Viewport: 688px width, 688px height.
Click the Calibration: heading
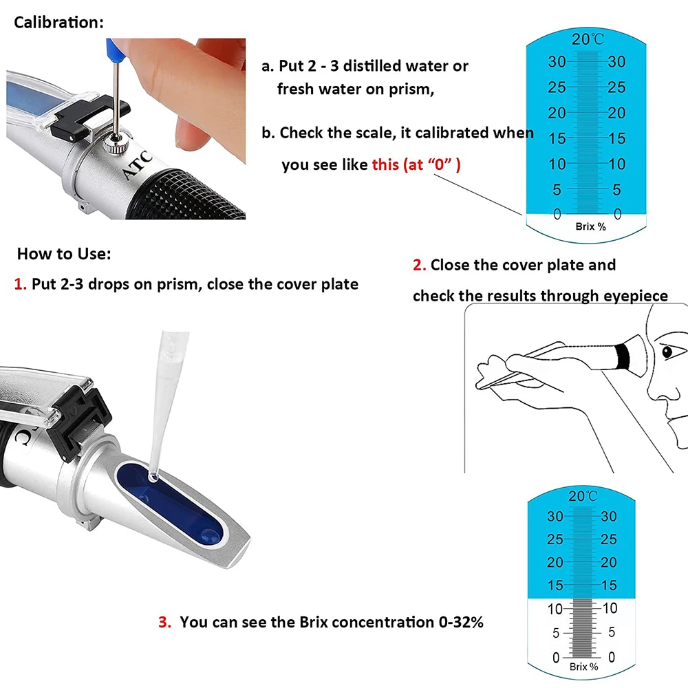pos(58,23)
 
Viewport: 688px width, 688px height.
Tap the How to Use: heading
pos(64,254)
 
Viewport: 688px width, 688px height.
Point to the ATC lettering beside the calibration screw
pos(138,165)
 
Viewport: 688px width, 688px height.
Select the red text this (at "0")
pos(416,164)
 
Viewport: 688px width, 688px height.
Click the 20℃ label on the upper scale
pos(588,39)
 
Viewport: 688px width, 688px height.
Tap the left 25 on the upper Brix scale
pos(557,87)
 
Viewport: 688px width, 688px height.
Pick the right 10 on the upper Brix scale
pos(616,164)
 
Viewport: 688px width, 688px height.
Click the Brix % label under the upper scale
pos(590,226)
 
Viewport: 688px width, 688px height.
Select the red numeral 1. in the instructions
pos(21,284)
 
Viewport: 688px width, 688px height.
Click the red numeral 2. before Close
pos(420,265)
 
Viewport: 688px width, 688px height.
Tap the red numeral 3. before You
pos(165,622)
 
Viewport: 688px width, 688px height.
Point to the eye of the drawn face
pos(667,352)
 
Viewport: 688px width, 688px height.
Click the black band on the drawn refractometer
pos(622,355)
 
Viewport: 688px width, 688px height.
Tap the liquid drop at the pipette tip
pos(153,477)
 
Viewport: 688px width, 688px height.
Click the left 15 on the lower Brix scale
pos(555,585)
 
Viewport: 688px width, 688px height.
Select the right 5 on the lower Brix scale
pos(612,632)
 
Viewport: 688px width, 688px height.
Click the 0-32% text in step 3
pos(461,622)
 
